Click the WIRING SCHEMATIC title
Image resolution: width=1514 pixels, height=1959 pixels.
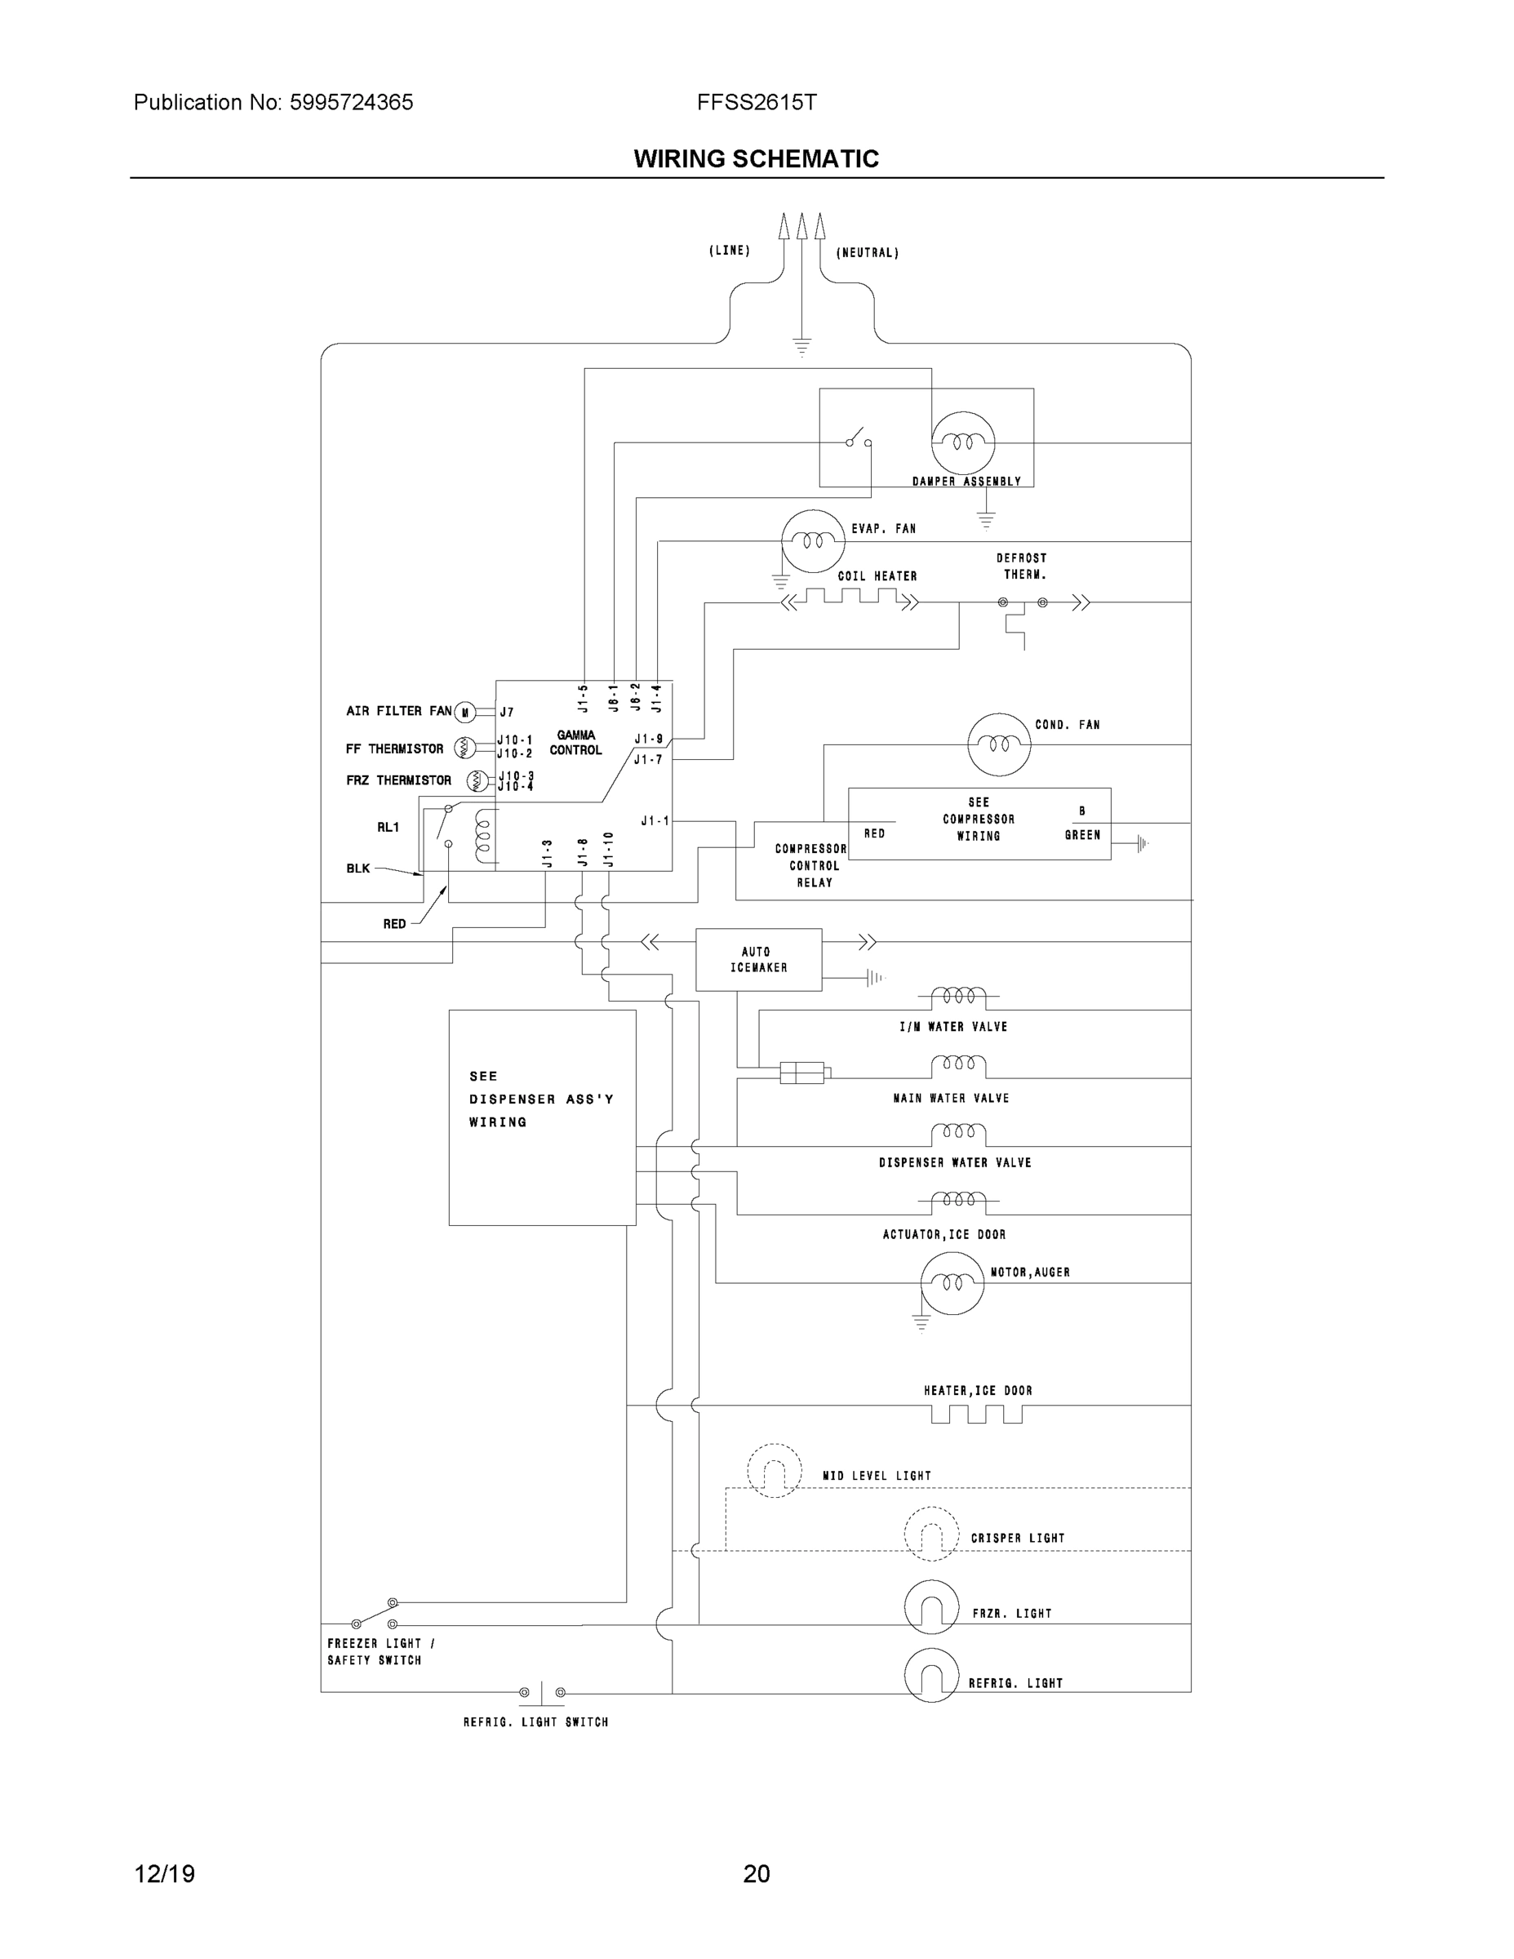(x=756, y=159)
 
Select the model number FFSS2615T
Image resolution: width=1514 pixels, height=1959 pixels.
(x=756, y=102)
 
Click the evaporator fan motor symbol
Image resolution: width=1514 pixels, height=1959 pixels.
(x=813, y=541)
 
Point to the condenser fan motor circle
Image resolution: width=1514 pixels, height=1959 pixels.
(x=998, y=744)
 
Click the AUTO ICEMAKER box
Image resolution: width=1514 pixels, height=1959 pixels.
(x=758, y=959)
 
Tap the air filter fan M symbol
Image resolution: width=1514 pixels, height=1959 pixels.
(x=464, y=713)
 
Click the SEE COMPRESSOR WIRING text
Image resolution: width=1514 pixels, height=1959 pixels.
(x=979, y=819)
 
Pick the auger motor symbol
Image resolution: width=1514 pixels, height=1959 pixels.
(x=952, y=1282)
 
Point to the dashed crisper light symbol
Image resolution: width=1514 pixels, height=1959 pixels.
(x=931, y=1534)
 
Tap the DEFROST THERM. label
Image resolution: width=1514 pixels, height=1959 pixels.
(x=1022, y=566)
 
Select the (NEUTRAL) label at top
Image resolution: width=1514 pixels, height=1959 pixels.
(x=868, y=253)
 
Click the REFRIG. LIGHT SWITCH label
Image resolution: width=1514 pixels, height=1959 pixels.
(x=535, y=1721)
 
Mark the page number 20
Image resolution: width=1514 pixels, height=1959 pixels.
(x=756, y=1874)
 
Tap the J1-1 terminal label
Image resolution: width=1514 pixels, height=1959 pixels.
(x=654, y=820)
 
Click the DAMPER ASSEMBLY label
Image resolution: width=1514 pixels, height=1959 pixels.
(x=966, y=482)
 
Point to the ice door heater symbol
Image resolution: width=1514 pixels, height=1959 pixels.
(x=976, y=1415)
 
